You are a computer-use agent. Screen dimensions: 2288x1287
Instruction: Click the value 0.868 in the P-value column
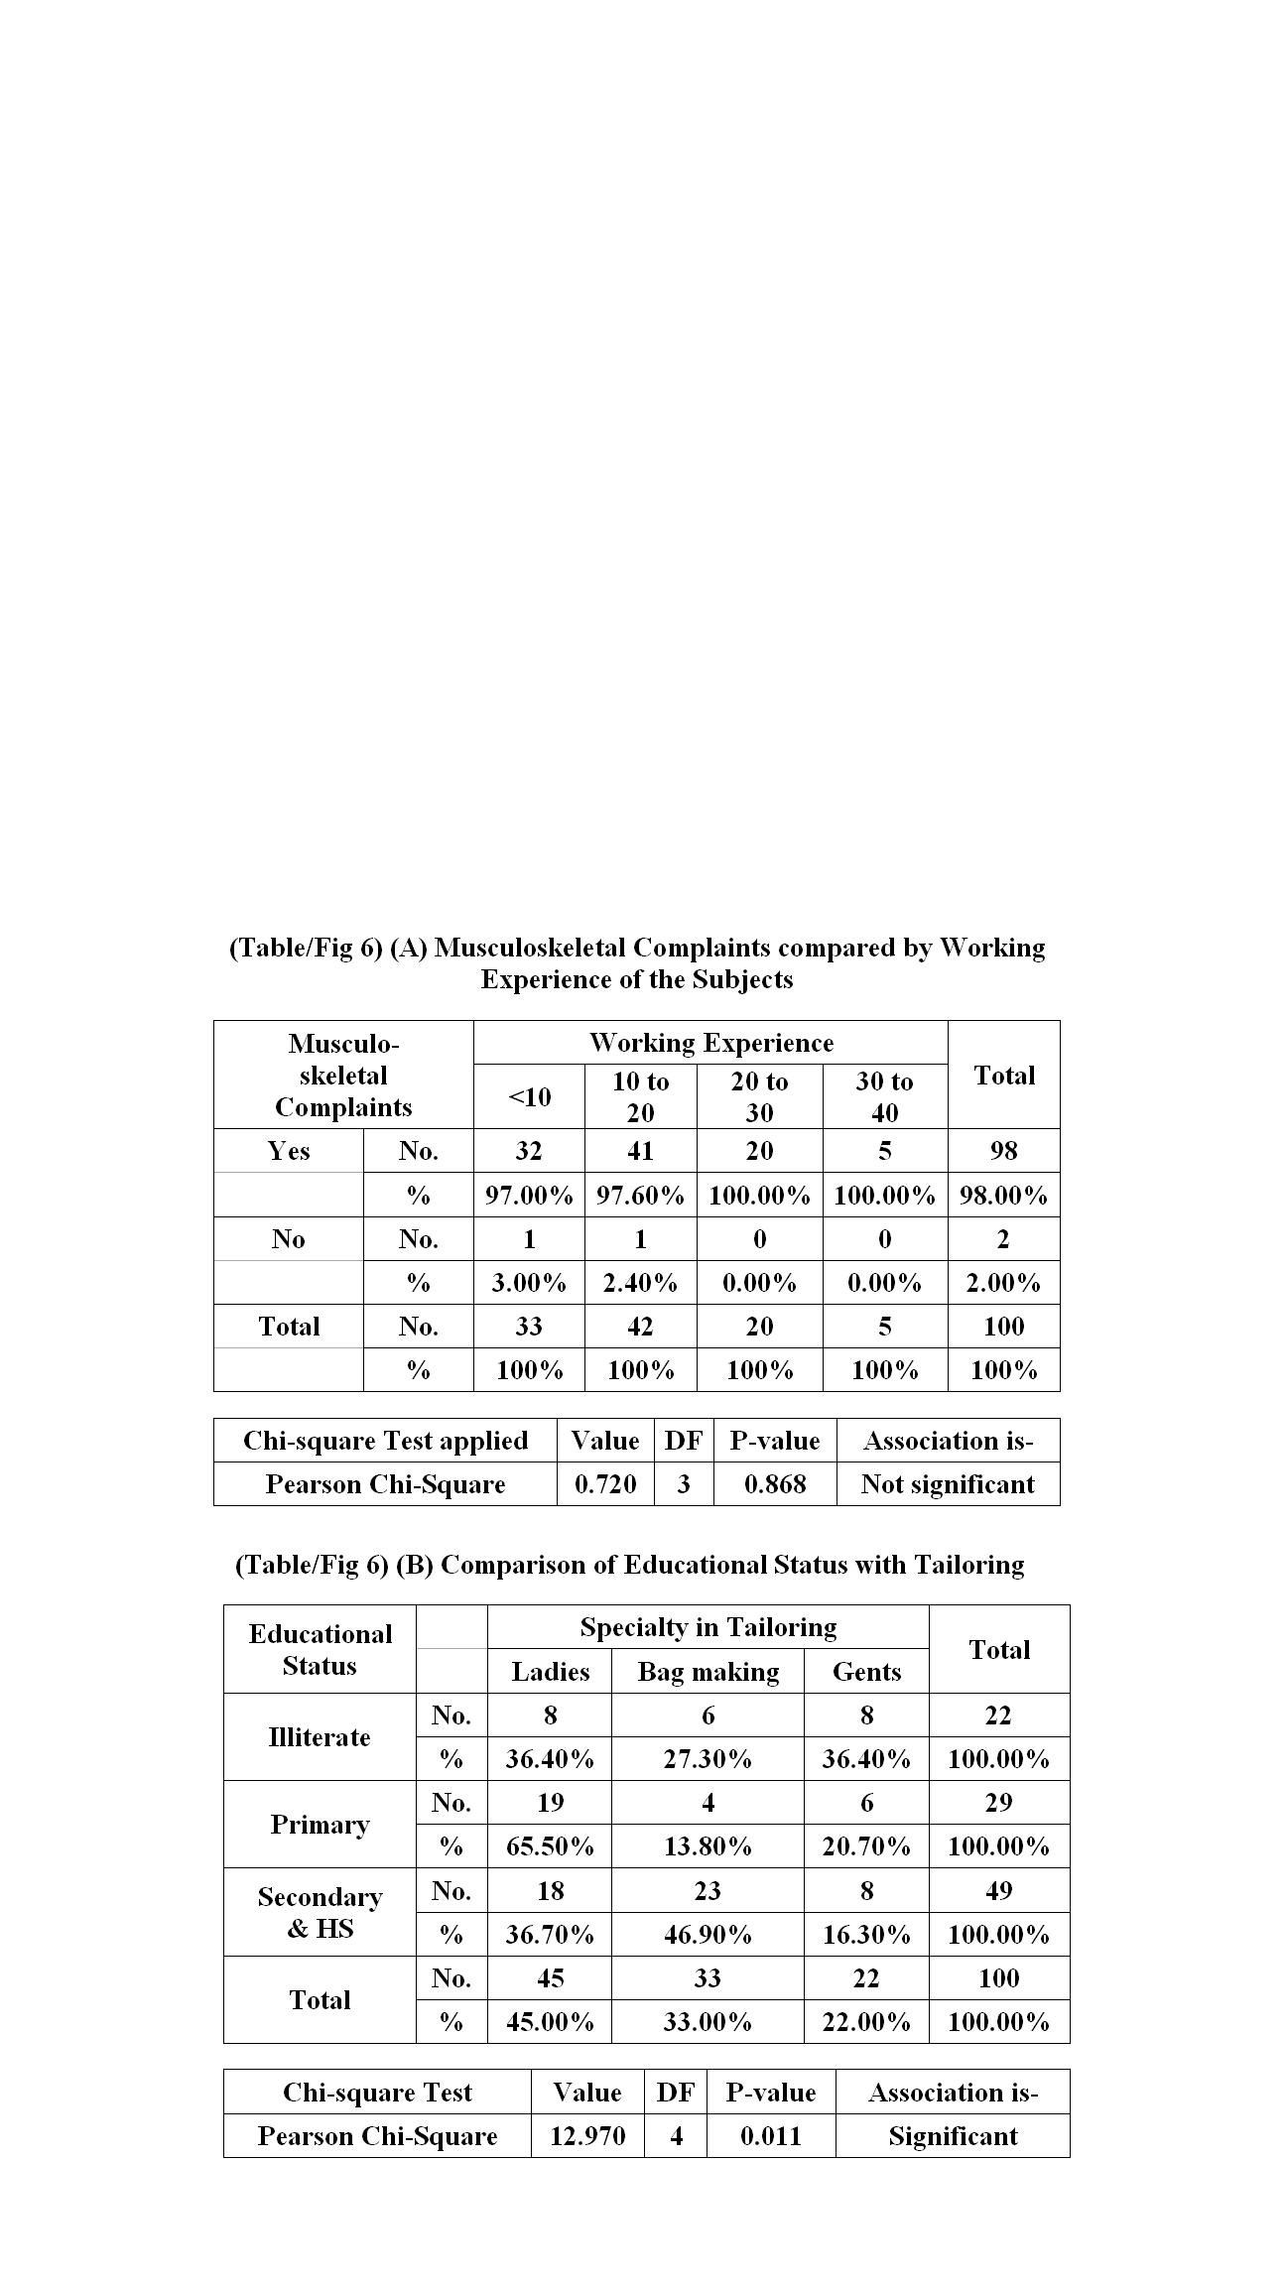(x=774, y=1484)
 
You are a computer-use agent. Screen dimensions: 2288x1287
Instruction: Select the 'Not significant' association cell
(x=948, y=1484)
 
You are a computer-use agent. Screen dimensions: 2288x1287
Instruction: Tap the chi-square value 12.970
(x=587, y=2136)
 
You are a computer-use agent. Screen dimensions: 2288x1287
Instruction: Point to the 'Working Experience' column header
(x=710, y=1043)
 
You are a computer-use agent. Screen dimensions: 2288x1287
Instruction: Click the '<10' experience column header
(x=529, y=1096)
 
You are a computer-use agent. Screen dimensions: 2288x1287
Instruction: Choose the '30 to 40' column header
(x=884, y=1096)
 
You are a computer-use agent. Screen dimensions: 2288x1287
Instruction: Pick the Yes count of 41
(x=640, y=1151)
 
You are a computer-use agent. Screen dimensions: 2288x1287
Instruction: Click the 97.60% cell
(x=640, y=1196)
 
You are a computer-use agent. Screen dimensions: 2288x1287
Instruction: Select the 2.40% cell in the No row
(x=640, y=1283)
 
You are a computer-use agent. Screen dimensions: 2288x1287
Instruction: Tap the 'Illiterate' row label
(x=320, y=1737)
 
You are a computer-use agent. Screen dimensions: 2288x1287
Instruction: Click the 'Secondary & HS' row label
(x=320, y=1912)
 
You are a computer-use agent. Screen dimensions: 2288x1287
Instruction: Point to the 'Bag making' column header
(x=708, y=1672)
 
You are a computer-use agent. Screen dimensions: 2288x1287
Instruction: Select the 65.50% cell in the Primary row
(x=550, y=1846)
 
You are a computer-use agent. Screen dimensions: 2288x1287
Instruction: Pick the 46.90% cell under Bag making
(x=708, y=1934)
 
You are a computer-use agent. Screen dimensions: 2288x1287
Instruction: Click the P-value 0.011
(x=770, y=2136)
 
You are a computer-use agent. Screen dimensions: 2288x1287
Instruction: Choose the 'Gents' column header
(x=866, y=1672)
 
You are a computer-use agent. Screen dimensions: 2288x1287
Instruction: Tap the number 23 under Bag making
(x=708, y=1890)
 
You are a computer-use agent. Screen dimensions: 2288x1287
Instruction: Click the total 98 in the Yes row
(x=1003, y=1151)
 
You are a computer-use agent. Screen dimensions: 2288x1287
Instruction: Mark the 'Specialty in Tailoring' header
(x=708, y=1627)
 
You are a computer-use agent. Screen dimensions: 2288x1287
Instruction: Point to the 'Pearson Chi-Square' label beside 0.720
(x=385, y=1484)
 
